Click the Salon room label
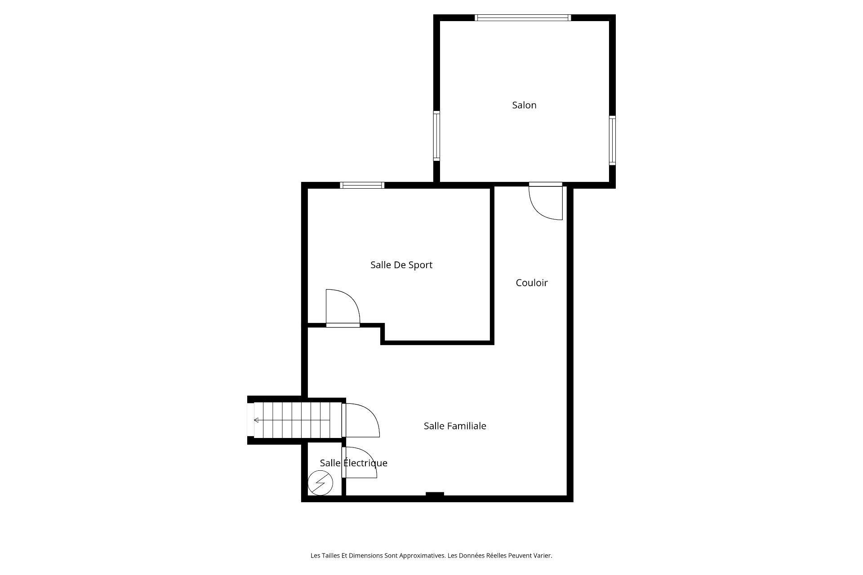524,105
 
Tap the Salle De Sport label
401,265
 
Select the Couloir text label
532,283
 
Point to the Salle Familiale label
455,426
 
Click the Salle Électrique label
354,463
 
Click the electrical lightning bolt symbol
320,483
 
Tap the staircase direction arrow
292,420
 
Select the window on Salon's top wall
523,18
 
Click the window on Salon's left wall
436,136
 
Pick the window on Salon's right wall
612,140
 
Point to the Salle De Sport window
362,185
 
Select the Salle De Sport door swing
343,308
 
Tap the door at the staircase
360,420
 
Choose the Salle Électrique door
359,462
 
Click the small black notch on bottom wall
435,494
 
